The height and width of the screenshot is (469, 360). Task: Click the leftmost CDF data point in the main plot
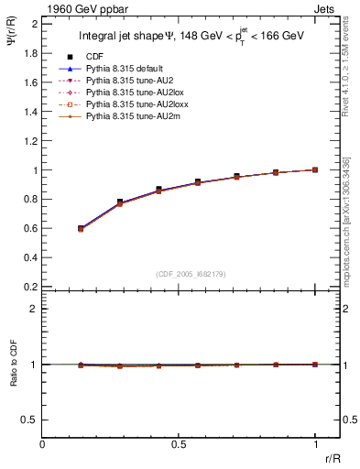pos(81,228)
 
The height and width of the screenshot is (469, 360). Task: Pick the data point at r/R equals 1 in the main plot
pos(315,169)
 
